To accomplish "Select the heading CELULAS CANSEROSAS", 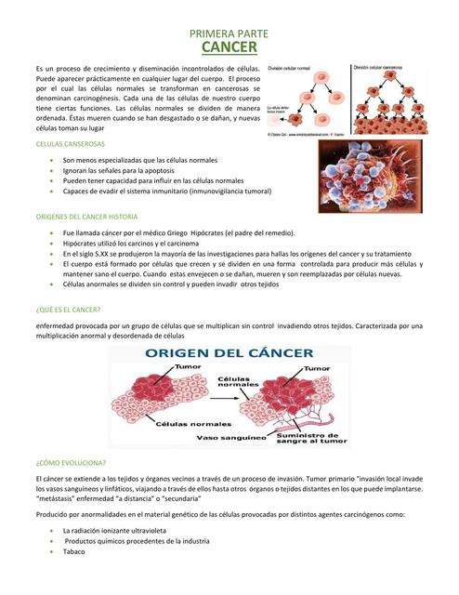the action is pos(70,146).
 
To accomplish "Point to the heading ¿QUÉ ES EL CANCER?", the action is pos(67,309).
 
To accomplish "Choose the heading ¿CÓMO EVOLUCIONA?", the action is pos(70,462).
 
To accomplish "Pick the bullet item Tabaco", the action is pos(74,551).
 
